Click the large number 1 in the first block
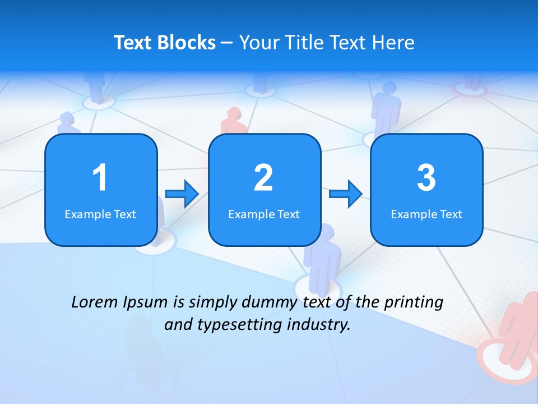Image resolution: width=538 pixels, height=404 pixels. coord(100,178)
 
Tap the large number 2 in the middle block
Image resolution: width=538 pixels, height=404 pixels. coord(263,178)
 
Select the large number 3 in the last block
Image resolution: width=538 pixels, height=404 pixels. coord(426,178)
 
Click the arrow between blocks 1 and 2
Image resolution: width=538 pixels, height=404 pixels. coord(182,194)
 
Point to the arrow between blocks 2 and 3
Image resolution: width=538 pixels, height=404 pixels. coord(346,194)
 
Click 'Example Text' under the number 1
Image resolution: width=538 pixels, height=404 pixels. coord(100,214)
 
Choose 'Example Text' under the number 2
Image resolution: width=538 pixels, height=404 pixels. coord(264,214)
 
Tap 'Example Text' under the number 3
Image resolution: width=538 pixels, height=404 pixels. coord(426,214)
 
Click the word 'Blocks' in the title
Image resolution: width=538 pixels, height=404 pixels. coord(186,43)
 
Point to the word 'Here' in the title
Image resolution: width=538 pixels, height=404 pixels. coord(395,43)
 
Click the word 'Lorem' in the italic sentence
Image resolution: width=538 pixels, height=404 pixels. coord(95,302)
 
